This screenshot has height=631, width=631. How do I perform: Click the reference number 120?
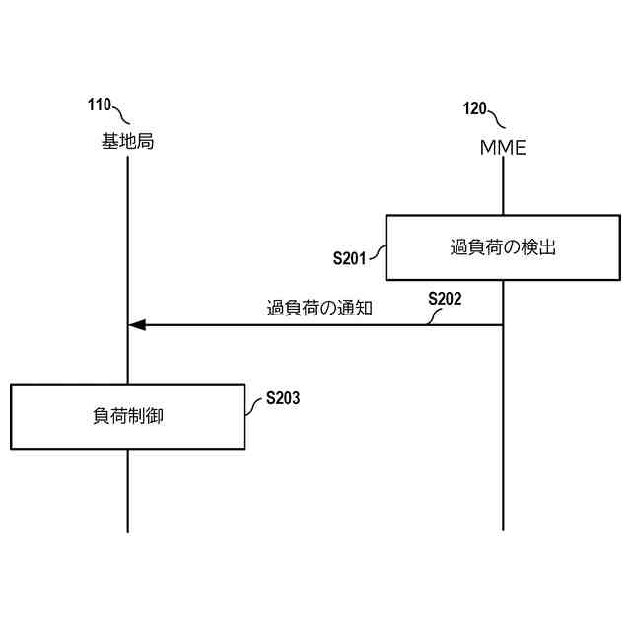click(474, 108)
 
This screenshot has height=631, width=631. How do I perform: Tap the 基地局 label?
click(127, 142)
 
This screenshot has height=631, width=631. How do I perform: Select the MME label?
click(503, 148)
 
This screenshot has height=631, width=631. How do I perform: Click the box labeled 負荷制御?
click(127, 416)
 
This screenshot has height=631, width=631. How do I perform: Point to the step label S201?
click(350, 259)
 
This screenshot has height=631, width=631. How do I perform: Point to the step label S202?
click(445, 297)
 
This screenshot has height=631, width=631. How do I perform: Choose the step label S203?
click(283, 399)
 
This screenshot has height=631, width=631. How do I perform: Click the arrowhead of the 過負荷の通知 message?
click(137, 324)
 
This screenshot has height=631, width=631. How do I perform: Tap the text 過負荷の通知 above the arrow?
click(319, 307)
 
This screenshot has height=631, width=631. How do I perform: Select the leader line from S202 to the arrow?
click(433, 315)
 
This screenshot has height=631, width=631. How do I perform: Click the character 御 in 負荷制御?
click(155, 416)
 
